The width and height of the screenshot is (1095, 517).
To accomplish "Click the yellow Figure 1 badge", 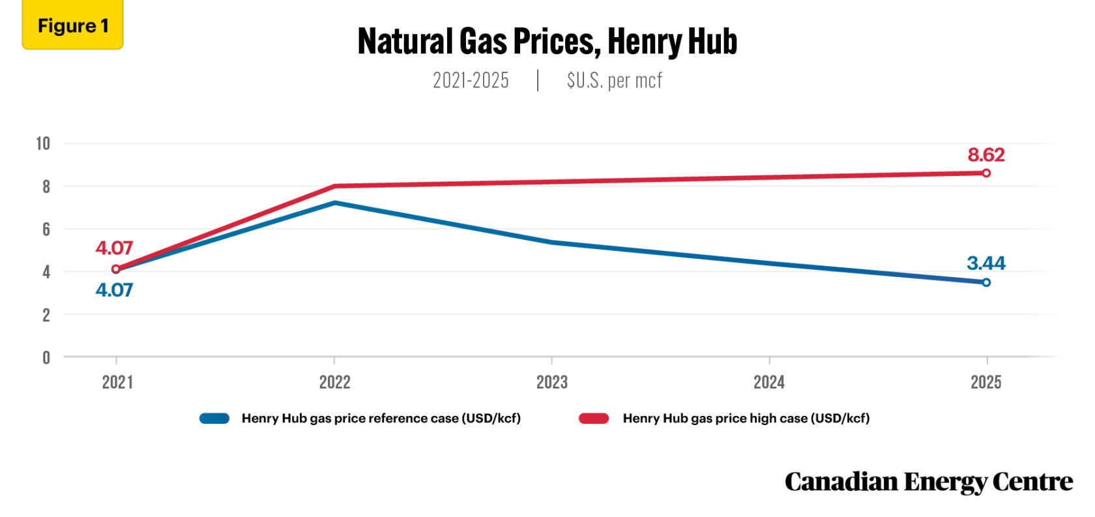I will pyautogui.click(x=72, y=25).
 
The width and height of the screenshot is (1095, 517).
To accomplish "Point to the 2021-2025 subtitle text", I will pyautogui.click(x=471, y=80).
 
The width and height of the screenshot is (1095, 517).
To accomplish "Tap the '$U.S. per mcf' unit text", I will pyautogui.click(x=614, y=80).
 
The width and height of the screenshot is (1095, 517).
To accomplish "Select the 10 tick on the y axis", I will pyautogui.click(x=43, y=143).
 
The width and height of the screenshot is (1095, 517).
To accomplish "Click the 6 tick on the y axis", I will pyautogui.click(x=46, y=229).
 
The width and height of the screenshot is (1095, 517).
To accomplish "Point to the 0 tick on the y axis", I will pyautogui.click(x=46, y=357).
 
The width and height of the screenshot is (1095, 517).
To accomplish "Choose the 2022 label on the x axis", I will pyautogui.click(x=334, y=382).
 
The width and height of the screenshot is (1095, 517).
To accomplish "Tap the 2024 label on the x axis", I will pyautogui.click(x=769, y=382).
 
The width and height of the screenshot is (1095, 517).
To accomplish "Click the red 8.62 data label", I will pyautogui.click(x=985, y=155).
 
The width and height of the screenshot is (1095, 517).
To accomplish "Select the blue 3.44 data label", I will pyautogui.click(x=985, y=263).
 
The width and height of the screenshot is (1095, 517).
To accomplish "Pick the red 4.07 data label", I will pyautogui.click(x=114, y=248).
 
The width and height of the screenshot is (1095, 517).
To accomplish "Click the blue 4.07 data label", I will pyautogui.click(x=114, y=290).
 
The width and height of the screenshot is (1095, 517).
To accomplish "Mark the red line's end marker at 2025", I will pyautogui.click(x=986, y=173).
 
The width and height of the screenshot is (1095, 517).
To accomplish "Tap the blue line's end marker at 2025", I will pyautogui.click(x=986, y=282).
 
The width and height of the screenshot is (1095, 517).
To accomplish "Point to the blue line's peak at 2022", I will pyautogui.click(x=334, y=203).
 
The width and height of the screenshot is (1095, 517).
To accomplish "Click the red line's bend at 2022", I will pyautogui.click(x=334, y=186).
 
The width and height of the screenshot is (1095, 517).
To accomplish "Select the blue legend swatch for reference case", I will pyautogui.click(x=214, y=419).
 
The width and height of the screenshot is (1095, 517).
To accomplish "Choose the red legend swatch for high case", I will pyautogui.click(x=594, y=419).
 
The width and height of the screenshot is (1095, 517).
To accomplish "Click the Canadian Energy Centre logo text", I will pyautogui.click(x=928, y=482).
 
